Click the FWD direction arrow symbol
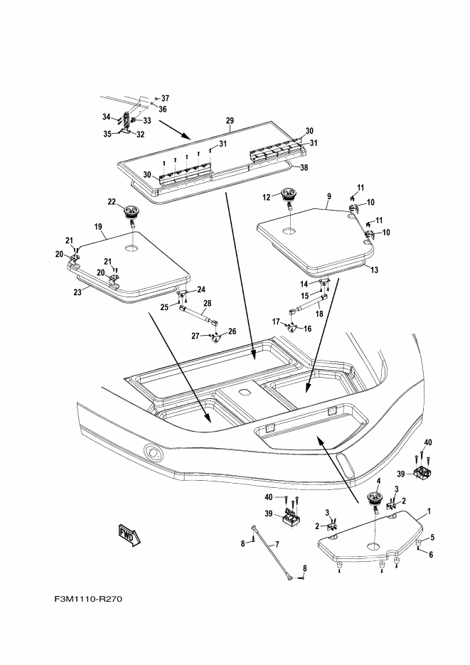[131, 533]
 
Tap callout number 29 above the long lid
[230, 122]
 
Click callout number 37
[165, 97]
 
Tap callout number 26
[232, 331]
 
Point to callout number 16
[306, 329]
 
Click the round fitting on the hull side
[153, 452]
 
